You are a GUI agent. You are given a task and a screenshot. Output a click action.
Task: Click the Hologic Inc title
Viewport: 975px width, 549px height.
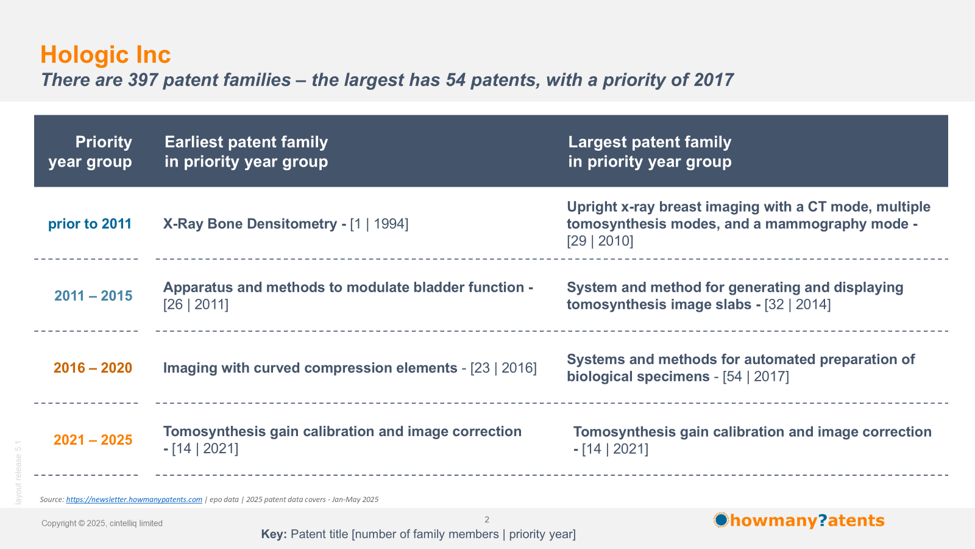(105, 54)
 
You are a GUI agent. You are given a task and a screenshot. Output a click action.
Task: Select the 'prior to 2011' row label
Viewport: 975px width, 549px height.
(90, 223)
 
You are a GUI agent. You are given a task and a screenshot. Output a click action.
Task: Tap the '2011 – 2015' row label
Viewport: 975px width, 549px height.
(93, 295)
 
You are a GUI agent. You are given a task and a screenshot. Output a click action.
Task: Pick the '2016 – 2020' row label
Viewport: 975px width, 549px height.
(93, 368)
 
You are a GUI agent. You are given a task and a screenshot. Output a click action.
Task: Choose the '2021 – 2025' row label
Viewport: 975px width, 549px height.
(93, 440)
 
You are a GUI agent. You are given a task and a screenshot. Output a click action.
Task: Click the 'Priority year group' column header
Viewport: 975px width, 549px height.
(90, 152)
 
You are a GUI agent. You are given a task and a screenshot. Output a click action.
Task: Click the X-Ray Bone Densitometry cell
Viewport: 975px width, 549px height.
(286, 223)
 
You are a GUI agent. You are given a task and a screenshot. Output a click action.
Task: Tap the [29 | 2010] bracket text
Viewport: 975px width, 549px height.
(600, 240)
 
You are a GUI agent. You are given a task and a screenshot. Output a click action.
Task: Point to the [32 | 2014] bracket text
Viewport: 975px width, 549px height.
(798, 304)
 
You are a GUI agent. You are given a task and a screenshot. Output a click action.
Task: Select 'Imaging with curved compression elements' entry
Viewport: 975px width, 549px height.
(310, 368)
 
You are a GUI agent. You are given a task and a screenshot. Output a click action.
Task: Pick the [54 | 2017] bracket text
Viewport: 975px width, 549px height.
(756, 376)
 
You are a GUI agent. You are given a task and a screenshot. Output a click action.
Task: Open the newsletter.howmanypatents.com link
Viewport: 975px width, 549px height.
(134, 500)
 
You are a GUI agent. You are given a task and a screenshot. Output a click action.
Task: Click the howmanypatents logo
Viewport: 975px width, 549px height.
(799, 520)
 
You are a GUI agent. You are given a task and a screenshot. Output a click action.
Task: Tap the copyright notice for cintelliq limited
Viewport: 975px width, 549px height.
(102, 523)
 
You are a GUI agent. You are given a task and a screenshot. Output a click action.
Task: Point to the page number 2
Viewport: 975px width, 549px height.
(487, 519)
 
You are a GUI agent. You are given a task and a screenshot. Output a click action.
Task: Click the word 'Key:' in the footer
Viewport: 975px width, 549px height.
(274, 534)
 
